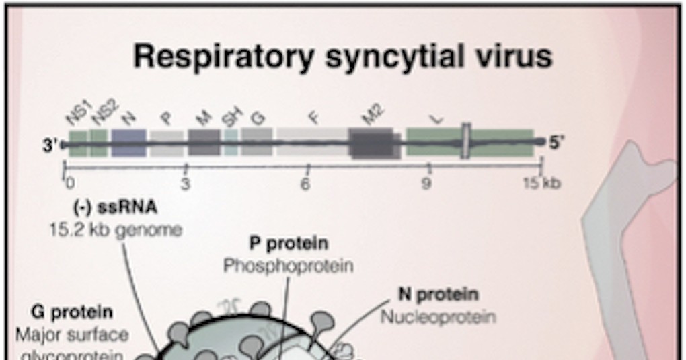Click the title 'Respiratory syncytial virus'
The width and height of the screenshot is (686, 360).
pos(342,56)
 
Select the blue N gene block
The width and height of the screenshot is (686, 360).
pos(128,143)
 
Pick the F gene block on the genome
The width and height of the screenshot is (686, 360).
pos(312,143)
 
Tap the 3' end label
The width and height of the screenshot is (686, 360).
pos(51,145)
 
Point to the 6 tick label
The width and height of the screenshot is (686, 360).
pos(305,183)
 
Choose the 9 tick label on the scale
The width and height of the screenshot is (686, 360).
pos(426,183)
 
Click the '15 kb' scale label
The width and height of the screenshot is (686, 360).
pos(541,183)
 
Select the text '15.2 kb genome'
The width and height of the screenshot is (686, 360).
pos(115,229)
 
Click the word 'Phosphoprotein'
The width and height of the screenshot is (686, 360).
pos(289,266)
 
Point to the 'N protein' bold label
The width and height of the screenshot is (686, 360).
pos(438,294)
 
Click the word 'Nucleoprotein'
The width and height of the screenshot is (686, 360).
pos(438,316)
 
